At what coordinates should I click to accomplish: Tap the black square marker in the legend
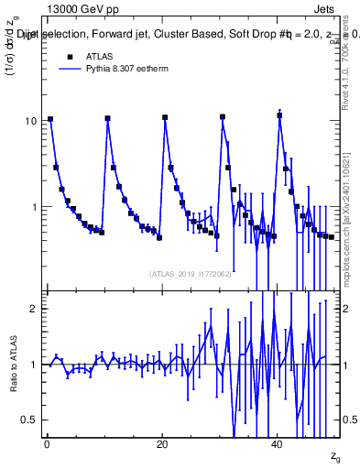click(x=69, y=56)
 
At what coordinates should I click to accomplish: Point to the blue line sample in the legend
click(x=69, y=69)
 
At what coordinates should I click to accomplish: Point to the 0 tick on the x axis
click(x=46, y=443)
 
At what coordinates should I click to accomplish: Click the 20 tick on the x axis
click(x=162, y=443)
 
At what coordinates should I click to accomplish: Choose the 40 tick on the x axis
click(x=278, y=443)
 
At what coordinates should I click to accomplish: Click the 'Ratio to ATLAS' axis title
click(x=13, y=364)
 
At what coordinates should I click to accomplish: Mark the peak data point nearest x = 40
click(x=279, y=115)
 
